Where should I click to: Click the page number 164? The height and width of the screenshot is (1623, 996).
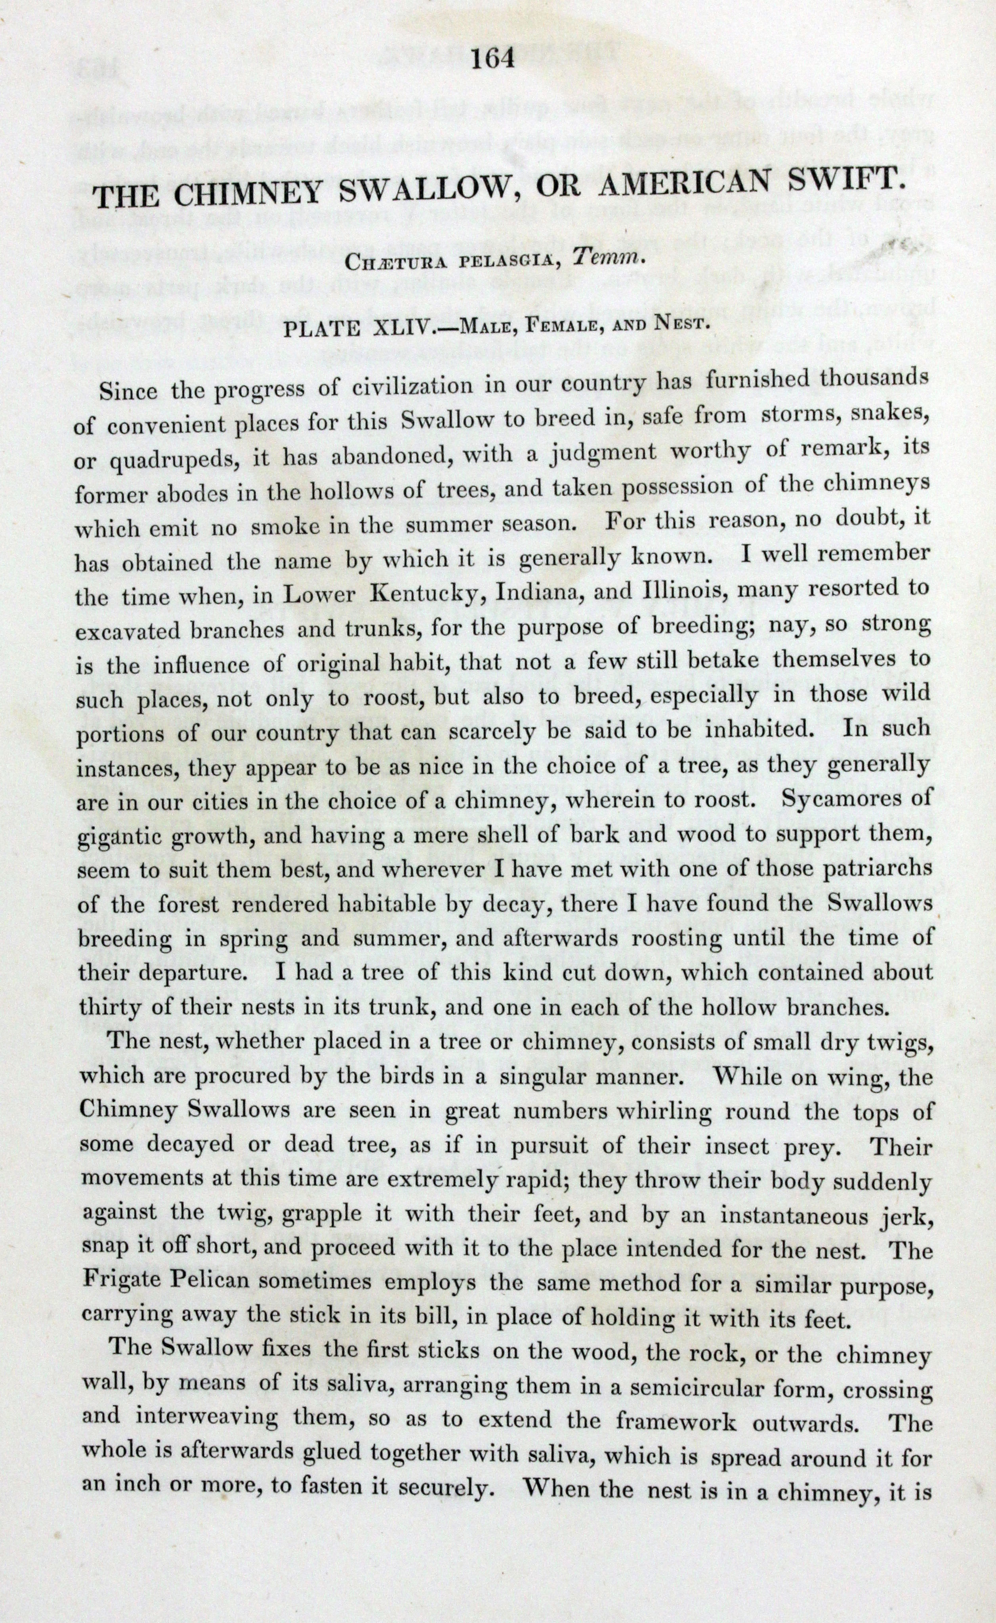[x=493, y=60]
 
